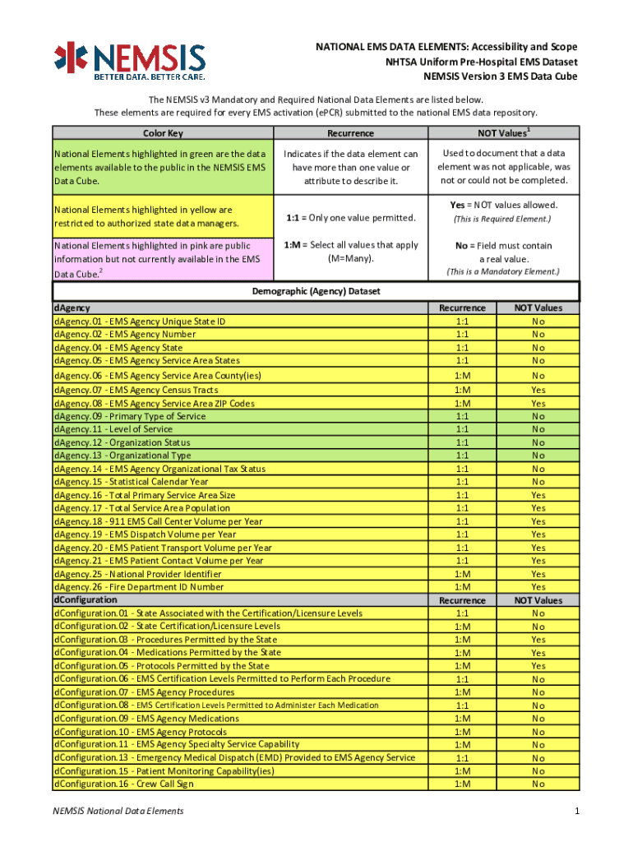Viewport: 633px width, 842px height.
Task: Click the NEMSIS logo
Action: click(130, 61)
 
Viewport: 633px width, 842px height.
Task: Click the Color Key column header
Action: click(163, 133)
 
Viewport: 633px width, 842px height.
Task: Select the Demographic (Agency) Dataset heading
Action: click(316, 291)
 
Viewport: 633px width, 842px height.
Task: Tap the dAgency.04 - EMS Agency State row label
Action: click(118, 348)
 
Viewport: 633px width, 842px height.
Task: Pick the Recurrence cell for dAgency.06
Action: click(462, 376)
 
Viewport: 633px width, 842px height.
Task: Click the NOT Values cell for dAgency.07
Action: click(538, 390)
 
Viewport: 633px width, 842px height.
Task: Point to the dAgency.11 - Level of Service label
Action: click(113, 429)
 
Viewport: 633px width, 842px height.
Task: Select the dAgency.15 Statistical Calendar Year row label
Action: click(132, 482)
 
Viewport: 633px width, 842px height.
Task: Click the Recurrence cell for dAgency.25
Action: click(462, 574)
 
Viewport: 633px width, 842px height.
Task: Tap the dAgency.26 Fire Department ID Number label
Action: click(139, 587)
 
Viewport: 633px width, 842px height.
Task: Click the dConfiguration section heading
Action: click(85, 600)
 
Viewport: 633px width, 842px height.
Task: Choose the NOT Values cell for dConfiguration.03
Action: click(538, 640)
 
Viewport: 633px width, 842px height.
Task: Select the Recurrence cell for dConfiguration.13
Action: click(462, 758)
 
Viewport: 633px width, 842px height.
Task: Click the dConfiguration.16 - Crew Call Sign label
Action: click(124, 784)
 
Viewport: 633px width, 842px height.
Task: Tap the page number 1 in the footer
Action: click(578, 812)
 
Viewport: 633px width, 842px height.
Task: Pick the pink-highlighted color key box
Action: click(163, 258)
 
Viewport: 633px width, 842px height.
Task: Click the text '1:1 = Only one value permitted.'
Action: click(350, 218)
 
